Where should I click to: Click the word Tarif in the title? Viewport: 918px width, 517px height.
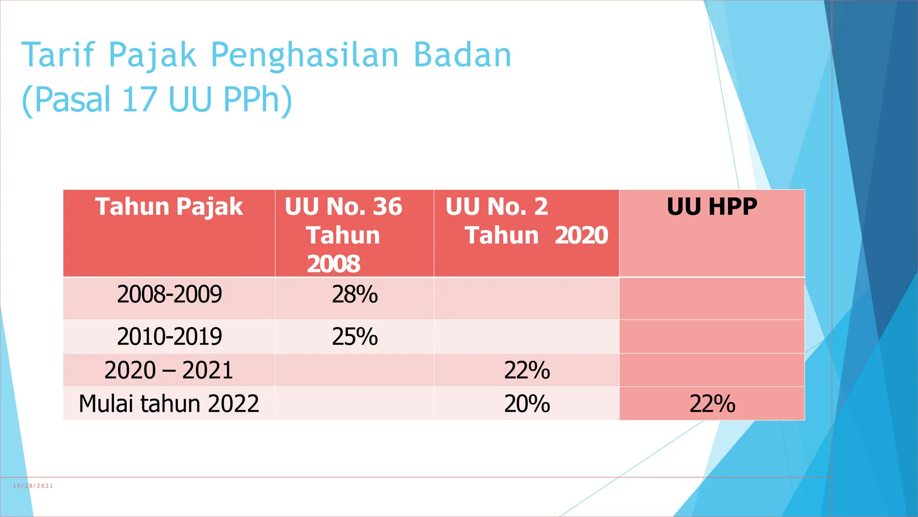(59, 55)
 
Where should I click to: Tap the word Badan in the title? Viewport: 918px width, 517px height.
(462, 55)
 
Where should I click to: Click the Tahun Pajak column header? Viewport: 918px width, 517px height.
(169, 207)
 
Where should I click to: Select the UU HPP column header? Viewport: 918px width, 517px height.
(712, 207)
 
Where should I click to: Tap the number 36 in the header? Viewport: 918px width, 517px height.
(387, 207)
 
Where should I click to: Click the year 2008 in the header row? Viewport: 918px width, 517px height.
(333, 264)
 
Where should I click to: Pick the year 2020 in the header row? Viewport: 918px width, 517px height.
(581, 235)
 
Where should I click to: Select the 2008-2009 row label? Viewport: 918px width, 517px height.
(169, 295)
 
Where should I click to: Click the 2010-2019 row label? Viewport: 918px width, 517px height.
(169, 337)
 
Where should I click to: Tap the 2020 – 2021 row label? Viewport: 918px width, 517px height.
(169, 370)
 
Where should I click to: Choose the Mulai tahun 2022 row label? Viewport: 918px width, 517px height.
(169, 403)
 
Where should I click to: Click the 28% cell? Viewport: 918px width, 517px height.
(355, 295)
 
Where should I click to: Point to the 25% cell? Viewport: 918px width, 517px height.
(355, 337)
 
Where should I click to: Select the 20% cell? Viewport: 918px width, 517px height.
(527, 403)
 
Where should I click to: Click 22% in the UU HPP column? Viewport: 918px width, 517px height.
(712, 403)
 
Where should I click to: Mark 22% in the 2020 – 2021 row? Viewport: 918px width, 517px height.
(527, 370)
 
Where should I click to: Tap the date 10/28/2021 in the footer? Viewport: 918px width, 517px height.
(33, 486)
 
